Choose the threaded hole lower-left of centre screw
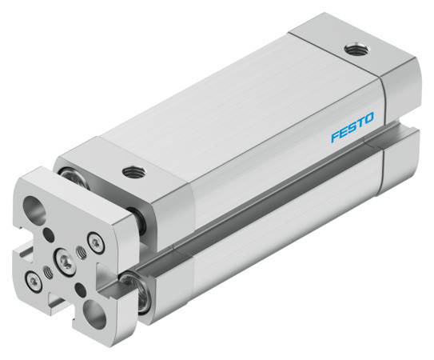(x=47, y=271)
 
